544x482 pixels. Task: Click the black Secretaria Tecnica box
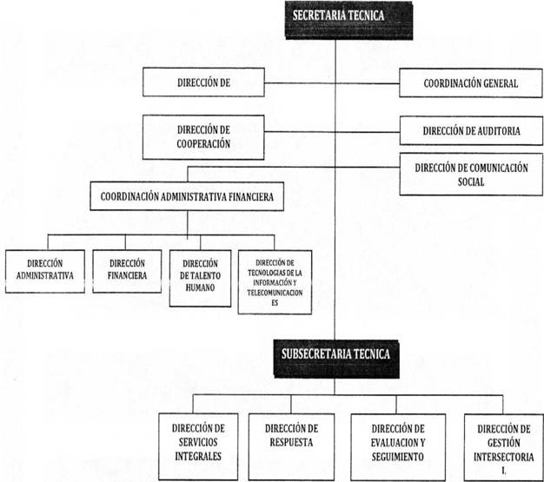(348, 20)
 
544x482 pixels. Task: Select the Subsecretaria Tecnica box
(336, 359)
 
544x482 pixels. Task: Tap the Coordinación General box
(471, 83)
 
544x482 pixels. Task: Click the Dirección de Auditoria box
(471, 131)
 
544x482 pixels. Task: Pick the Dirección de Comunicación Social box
(471, 175)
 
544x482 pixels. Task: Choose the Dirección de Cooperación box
(203, 137)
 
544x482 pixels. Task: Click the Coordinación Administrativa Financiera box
(187, 196)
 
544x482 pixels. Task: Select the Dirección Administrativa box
(45, 271)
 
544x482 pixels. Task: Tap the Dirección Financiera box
(127, 271)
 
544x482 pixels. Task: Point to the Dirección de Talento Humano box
(200, 279)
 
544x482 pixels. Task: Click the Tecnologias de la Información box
(275, 282)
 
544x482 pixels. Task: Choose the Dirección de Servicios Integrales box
(198, 446)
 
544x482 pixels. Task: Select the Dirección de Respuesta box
(291, 446)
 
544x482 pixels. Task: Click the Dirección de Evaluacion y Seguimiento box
(398, 447)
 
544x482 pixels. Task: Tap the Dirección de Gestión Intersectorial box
(504, 447)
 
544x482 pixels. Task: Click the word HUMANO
(200, 287)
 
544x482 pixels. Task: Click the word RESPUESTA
(291, 442)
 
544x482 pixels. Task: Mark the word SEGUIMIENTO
(398, 457)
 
